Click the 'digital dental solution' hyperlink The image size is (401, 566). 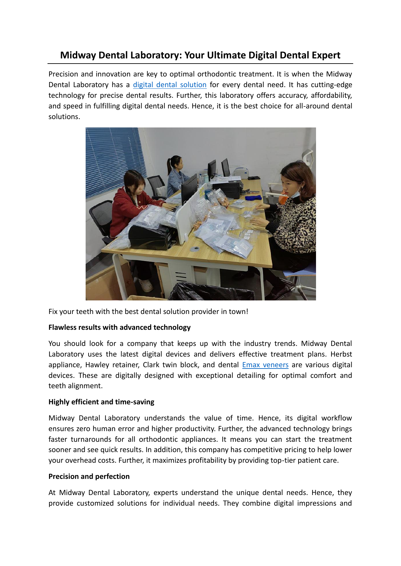[170, 85]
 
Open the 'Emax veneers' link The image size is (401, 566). [265, 365]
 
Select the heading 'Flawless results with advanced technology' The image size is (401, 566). [120, 328]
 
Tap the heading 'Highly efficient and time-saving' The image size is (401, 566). [101, 402]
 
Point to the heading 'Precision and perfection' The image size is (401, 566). [89, 477]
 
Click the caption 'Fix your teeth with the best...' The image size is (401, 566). [148, 312]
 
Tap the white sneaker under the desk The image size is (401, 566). [146, 285]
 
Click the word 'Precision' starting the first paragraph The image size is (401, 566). [63, 74]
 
